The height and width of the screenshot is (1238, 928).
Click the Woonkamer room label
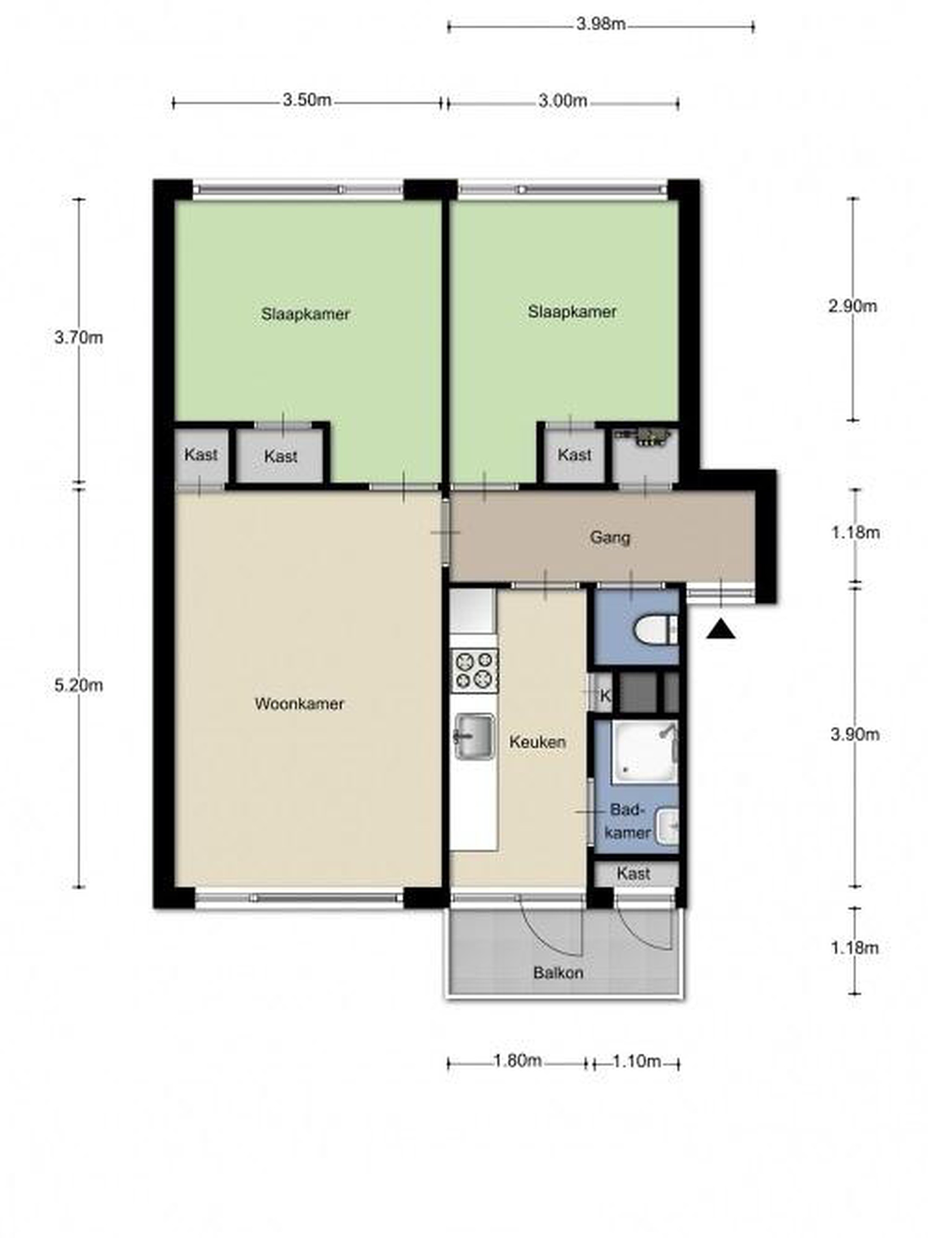pyautogui.click(x=299, y=704)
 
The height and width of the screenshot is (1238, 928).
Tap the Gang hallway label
pyautogui.click(x=609, y=538)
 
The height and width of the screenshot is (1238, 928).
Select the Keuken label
pyautogui.click(x=537, y=742)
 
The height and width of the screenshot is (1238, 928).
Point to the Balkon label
pyautogui.click(x=558, y=973)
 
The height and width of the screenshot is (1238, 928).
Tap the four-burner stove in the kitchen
pyautogui.click(x=474, y=671)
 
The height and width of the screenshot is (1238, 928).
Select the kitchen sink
pyautogui.click(x=474, y=736)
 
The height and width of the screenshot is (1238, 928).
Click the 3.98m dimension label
pyautogui.click(x=600, y=25)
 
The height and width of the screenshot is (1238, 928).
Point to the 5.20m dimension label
pyautogui.click(x=78, y=686)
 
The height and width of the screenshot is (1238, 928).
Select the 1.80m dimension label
pyautogui.click(x=517, y=1060)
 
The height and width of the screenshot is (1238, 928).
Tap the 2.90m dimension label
pyautogui.click(x=852, y=306)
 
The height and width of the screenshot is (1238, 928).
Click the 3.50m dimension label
pyautogui.click(x=307, y=101)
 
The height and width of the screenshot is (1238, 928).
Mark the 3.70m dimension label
pyautogui.click(x=78, y=337)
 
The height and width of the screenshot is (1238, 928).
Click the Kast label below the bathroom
pyautogui.click(x=633, y=873)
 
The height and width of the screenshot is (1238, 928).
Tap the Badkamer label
pyautogui.click(x=628, y=821)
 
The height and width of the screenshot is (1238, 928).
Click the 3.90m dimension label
pyautogui.click(x=854, y=734)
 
